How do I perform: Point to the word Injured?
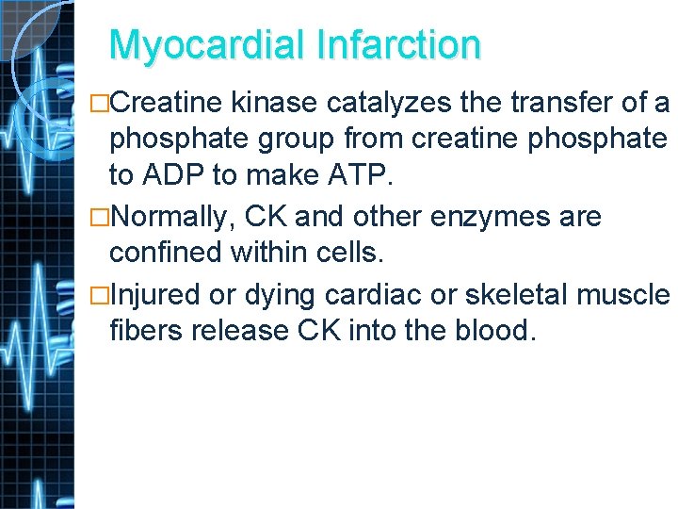click(155, 294)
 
